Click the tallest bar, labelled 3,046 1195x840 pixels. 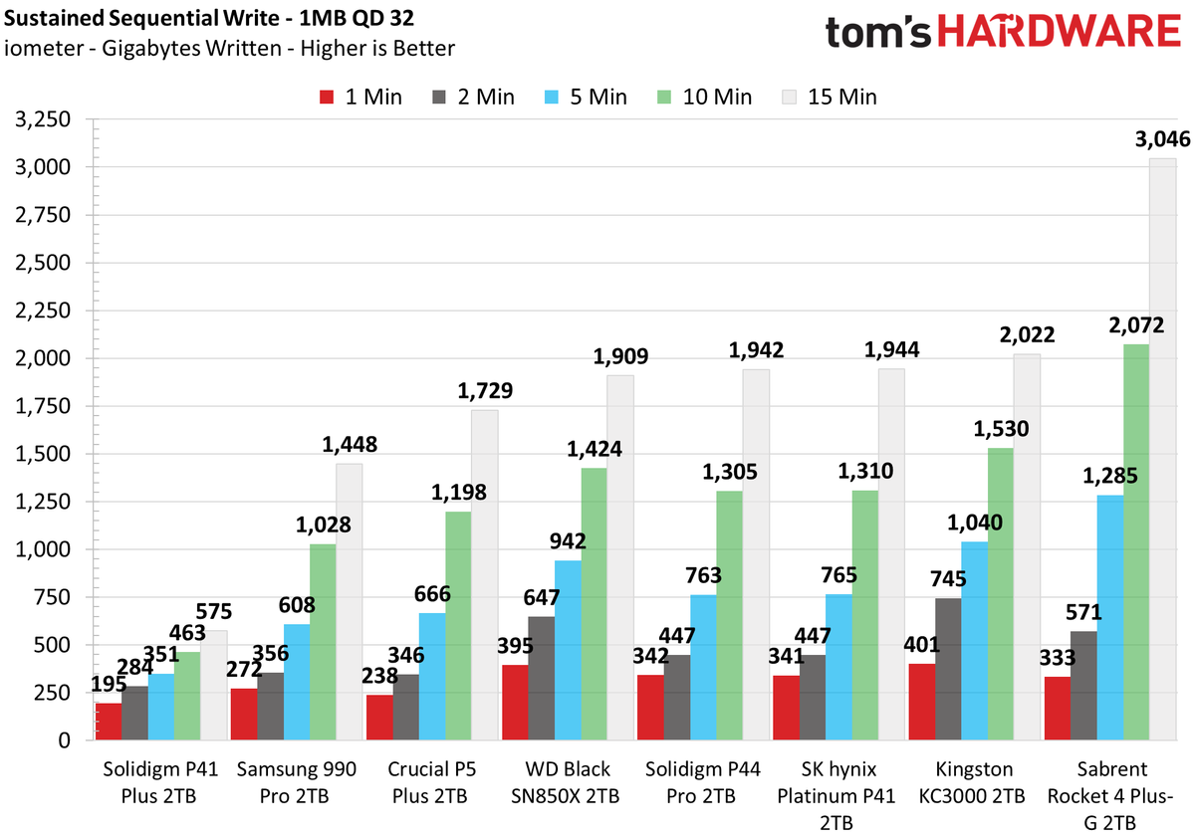pos(1163,449)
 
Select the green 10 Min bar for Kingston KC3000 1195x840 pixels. pos(1000,594)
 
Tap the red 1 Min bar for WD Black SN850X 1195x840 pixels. pos(515,703)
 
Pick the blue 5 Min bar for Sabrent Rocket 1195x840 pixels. pos(1110,618)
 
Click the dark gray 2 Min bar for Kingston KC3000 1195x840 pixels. pos(948,670)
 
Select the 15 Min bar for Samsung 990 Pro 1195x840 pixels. pos(349,602)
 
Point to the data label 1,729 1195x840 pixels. pos(485,391)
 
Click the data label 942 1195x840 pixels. pos(568,541)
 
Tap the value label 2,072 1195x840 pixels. pos(1136,325)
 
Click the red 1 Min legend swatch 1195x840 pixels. pos(327,98)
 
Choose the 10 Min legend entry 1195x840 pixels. pos(704,98)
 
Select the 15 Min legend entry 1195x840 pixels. pos(830,98)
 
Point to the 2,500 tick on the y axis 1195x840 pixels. pos(43,263)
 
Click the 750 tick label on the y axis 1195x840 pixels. pos(52,597)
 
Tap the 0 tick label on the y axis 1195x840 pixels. pos(64,740)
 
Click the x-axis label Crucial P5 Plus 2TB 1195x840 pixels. pos(431,782)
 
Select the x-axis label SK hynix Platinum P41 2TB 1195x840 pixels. pos(836,796)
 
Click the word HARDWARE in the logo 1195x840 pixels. pos(1059,31)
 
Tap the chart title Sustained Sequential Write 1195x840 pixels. pos(141,18)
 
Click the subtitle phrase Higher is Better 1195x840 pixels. pos(377,49)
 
